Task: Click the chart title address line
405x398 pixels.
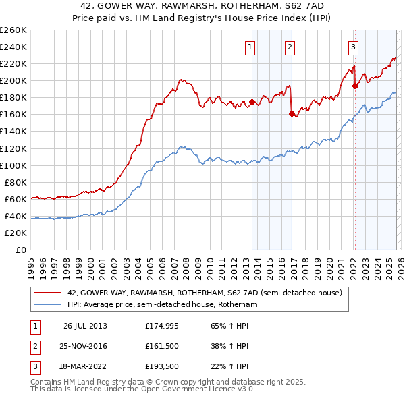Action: [202, 6]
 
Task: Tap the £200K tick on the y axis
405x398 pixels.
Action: [13, 80]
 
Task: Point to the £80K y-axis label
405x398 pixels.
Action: [16, 182]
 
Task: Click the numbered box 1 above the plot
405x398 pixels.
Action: [250, 47]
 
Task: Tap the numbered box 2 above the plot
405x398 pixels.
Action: [290, 47]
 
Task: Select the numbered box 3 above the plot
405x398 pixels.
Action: [353, 47]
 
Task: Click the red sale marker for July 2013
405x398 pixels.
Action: [252, 103]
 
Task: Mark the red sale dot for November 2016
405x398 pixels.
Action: [292, 114]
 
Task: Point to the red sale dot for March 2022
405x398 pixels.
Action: [355, 86]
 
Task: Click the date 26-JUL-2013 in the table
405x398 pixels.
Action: [85, 326]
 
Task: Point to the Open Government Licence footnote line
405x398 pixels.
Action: [133, 389]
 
